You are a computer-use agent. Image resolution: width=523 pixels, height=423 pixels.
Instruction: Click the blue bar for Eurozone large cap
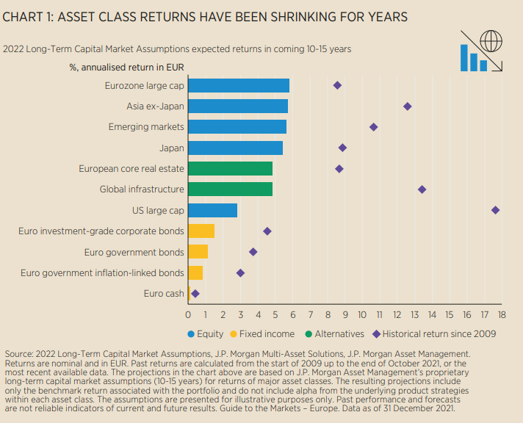(x=239, y=85)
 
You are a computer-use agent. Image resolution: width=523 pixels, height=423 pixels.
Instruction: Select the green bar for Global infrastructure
(x=230, y=189)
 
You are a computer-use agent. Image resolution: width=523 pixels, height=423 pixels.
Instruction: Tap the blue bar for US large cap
(x=212, y=210)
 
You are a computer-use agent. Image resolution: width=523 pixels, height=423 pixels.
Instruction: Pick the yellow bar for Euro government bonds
(x=198, y=252)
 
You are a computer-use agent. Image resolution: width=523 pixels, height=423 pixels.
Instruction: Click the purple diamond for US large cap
(x=495, y=210)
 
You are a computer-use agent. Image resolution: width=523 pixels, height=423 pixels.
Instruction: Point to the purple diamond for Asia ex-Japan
(x=407, y=106)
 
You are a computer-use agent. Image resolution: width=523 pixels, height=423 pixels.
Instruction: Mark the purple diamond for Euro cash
(x=195, y=294)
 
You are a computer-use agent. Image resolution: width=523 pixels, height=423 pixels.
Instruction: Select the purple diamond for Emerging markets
(x=373, y=127)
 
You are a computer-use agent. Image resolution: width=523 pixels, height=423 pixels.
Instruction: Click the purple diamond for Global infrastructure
(x=422, y=189)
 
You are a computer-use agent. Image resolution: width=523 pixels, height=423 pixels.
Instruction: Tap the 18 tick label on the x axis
(x=502, y=315)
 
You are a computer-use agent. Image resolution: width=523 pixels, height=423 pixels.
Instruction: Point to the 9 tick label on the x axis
(x=345, y=315)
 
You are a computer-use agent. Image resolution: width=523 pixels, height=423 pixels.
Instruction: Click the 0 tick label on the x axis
(x=188, y=315)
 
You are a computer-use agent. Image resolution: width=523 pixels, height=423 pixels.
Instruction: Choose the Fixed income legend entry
(x=269, y=334)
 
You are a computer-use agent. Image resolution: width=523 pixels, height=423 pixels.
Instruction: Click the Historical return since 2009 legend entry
(x=433, y=334)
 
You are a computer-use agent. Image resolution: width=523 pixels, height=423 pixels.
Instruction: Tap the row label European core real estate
(x=131, y=169)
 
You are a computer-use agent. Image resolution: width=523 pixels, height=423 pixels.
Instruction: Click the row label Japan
(x=172, y=148)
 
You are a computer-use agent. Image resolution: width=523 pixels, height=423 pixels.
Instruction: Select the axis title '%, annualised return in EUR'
(x=126, y=68)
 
